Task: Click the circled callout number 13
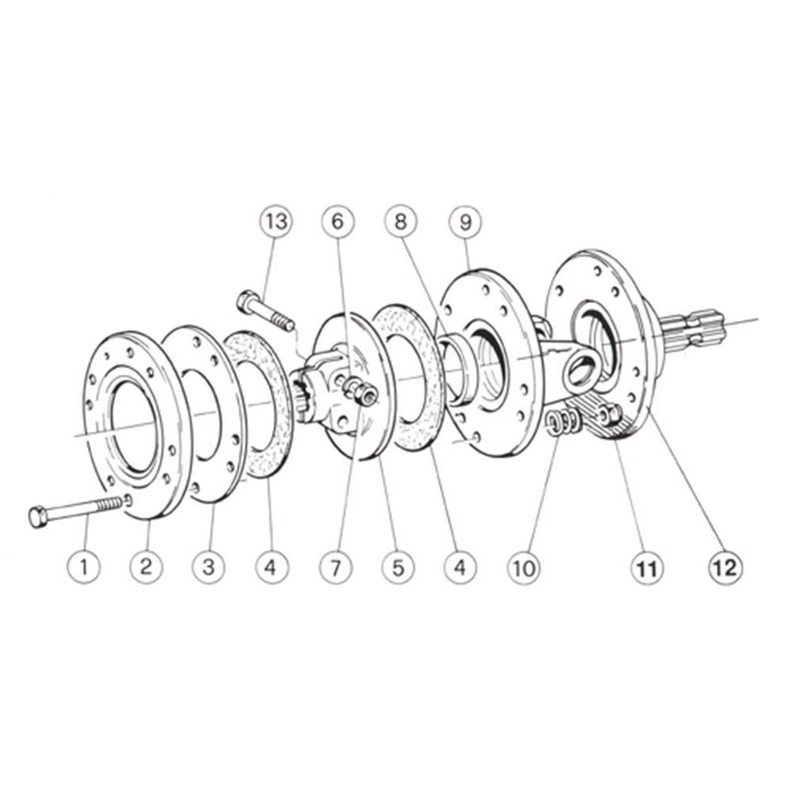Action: [x=276, y=221]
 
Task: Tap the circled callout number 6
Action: [x=338, y=221]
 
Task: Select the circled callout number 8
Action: [x=401, y=221]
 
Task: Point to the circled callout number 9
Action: [x=466, y=221]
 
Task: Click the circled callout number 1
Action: [x=84, y=567]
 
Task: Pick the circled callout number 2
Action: [x=146, y=567]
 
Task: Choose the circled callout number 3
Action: [x=209, y=567]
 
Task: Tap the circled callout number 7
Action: [x=336, y=567]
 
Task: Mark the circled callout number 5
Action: [x=398, y=567]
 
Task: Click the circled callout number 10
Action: [x=524, y=568]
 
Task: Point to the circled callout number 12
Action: [x=725, y=567]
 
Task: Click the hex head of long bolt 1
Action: [x=38, y=517]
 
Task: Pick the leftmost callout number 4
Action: [x=272, y=567]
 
